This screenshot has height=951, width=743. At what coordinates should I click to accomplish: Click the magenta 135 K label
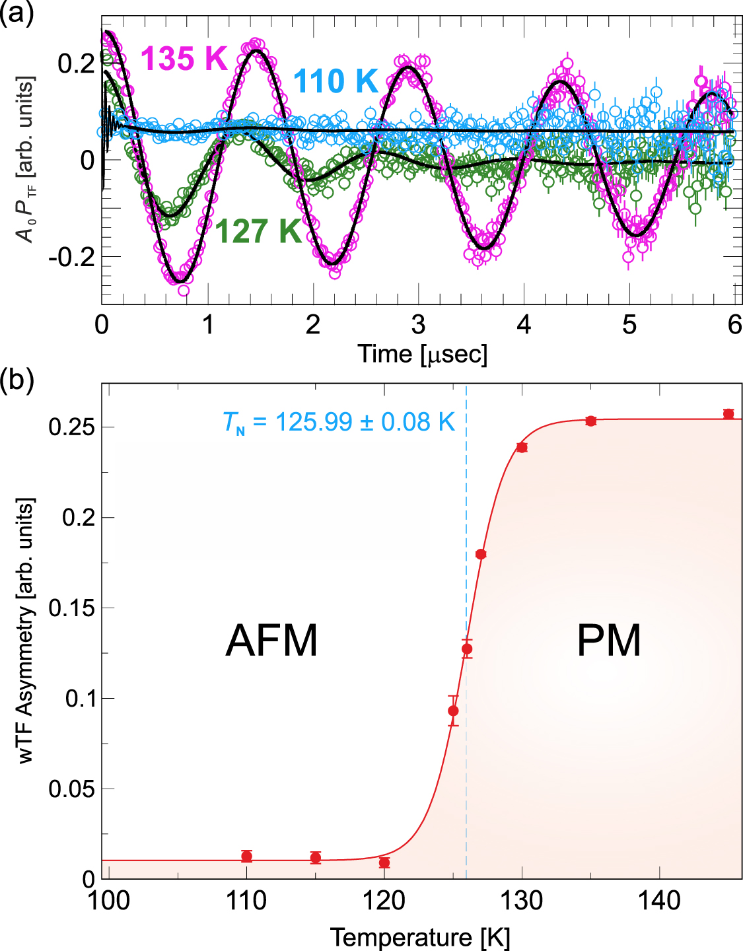tap(184, 59)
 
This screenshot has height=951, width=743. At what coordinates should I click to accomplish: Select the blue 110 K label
tap(336, 81)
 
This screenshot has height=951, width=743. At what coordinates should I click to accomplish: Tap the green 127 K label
tap(258, 231)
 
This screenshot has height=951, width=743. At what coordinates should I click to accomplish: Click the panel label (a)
tap(17, 13)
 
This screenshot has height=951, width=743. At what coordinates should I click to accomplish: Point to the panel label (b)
tap(17, 381)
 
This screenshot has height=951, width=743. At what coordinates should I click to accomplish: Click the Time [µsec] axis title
tap(423, 354)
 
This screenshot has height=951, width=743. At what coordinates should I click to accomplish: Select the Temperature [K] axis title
tap(420, 937)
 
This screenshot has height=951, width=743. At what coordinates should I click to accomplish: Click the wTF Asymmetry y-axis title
tap(25, 631)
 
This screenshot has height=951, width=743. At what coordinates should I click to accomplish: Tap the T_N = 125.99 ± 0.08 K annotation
tap(339, 422)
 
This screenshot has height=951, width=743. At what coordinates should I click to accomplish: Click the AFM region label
tap(271, 640)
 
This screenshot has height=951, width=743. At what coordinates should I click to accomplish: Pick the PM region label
tap(608, 640)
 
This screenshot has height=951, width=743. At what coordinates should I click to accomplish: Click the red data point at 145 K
tap(728, 414)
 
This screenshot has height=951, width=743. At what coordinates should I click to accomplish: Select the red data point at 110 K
tap(246, 857)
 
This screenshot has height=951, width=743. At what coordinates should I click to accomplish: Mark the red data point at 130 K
tap(522, 448)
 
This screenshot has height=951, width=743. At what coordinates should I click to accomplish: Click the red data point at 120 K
tap(384, 863)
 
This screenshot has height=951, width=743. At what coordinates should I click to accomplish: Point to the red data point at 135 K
tap(591, 421)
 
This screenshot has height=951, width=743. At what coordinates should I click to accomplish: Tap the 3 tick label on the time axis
tap(418, 325)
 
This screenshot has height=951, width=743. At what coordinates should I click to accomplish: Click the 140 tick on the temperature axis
tap(660, 900)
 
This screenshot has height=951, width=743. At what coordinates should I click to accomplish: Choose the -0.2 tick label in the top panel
tap(71, 258)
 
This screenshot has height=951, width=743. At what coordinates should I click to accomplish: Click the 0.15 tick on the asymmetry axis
tap(71, 608)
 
